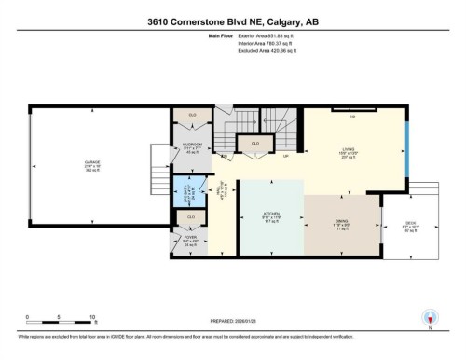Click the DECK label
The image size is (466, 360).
411,225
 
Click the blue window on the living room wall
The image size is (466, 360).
405,153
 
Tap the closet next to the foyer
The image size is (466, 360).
190,217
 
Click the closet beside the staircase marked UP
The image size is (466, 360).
254,144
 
